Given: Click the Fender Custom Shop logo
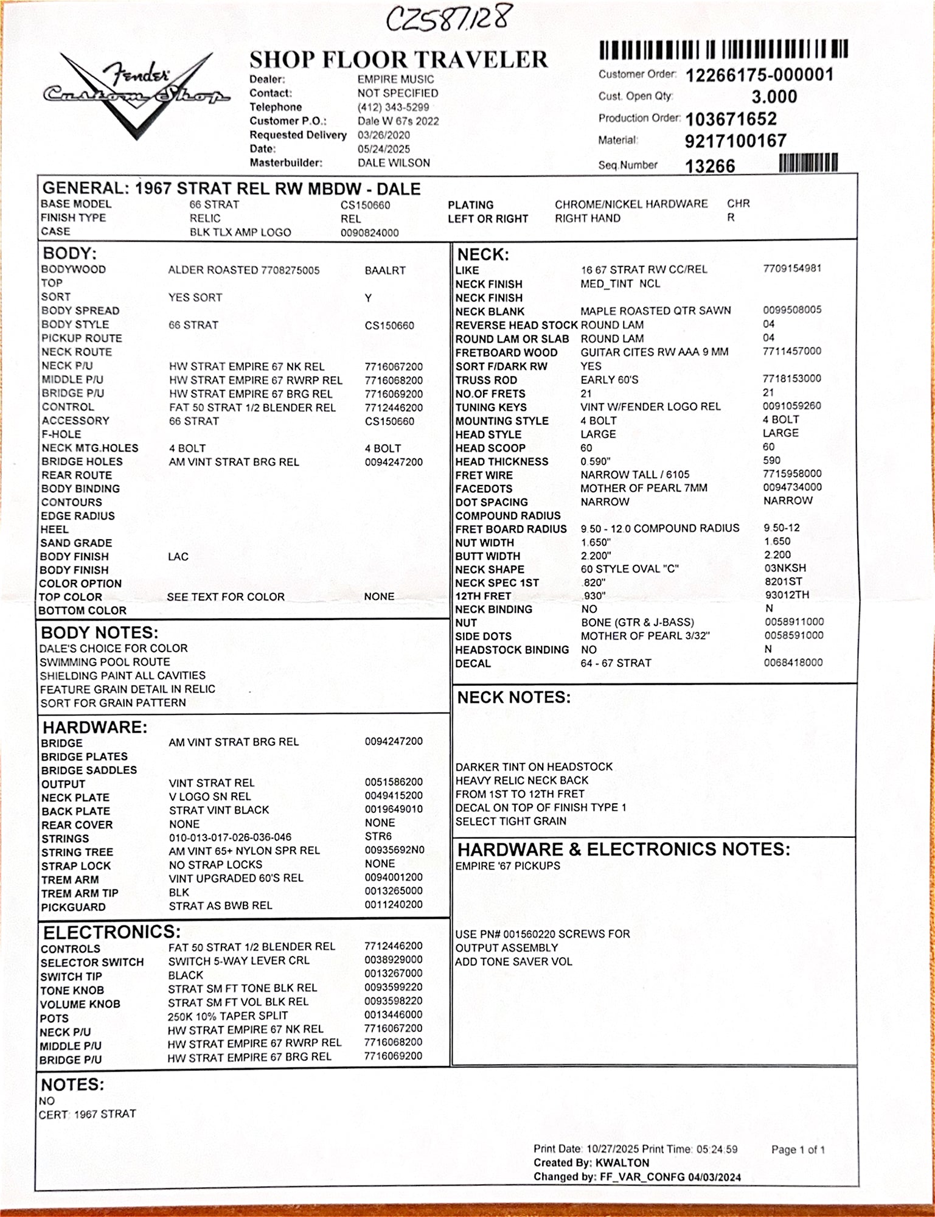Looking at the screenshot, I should point(136,91).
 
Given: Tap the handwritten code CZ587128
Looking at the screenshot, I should point(449,19).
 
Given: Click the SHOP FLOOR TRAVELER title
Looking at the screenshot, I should point(398,60).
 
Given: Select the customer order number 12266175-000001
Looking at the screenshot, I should point(759,75).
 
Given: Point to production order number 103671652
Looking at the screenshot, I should point(731,119).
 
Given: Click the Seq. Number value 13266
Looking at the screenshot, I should point(710,166).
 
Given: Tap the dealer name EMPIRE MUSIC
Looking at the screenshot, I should point(395,79).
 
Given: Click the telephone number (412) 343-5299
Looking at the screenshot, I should point(393,107).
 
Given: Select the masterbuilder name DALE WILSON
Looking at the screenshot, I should point(394,163).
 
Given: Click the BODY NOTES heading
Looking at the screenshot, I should point(99,632).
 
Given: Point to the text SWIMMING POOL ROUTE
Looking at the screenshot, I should point(105,662).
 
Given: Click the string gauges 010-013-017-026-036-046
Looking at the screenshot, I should point(230,837).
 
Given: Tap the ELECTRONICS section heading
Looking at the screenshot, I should point(111,932).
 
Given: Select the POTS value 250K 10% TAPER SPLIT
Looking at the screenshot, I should point(228,1016).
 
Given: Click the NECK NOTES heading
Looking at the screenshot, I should point(514,697).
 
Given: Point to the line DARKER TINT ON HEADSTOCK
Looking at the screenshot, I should point(534,767).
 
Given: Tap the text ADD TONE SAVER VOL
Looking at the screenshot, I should point(513,961).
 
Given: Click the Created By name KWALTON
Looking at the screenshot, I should point(622,1162).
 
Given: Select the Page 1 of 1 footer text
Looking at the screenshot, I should point(798,1149).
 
